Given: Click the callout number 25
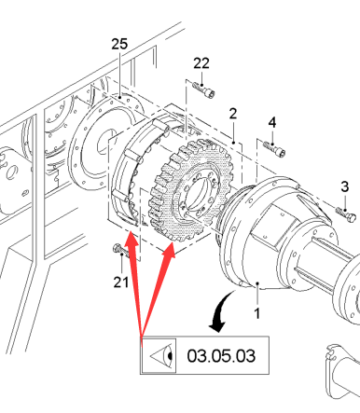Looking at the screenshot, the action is pyautogui.click(x=119, y=44).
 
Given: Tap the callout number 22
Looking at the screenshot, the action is pyautogui.click(x=201, y=63).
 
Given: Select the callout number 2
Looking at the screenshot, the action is pyautogui.click(x=233, y=114).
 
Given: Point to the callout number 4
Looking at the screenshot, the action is pyautogui.click(x=272, y=123).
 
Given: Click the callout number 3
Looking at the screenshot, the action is pyautogui.click(x=345, y=186).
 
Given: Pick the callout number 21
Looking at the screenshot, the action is pyautogui.click(x=121, y=282).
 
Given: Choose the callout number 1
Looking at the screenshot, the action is pyautogui.click(x=256, y=313).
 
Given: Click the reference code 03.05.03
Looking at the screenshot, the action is pyautogui.click(x=221, y=356).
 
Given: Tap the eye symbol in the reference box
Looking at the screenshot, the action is pyautogui.click(x=161, y=355).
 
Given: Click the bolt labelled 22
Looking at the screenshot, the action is pyautogui.click(x=204, y=89).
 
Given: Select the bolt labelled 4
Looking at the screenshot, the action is pyautogui.click(x=274, y=148).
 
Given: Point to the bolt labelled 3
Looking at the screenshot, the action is pyautogui.click(x=346, y=213).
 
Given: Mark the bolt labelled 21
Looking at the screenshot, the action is pyautogui.click(x=119, y=251).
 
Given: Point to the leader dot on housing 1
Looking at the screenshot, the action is pyautogui.click(x=257, y=283).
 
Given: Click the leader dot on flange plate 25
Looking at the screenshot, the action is pyautogui.click(x=120, y=97).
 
